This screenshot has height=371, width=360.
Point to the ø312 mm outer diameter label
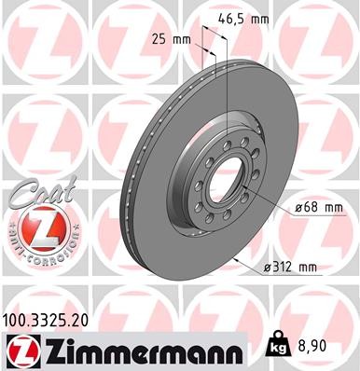click(x=291, y=268)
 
